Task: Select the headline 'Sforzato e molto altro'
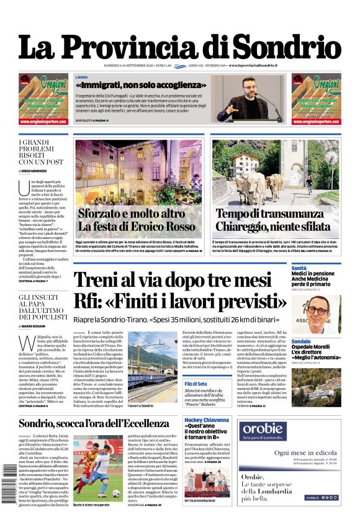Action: coord(132,214)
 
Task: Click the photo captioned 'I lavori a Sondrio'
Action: coord(143,367)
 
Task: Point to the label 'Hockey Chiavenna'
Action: coord(206,421)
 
